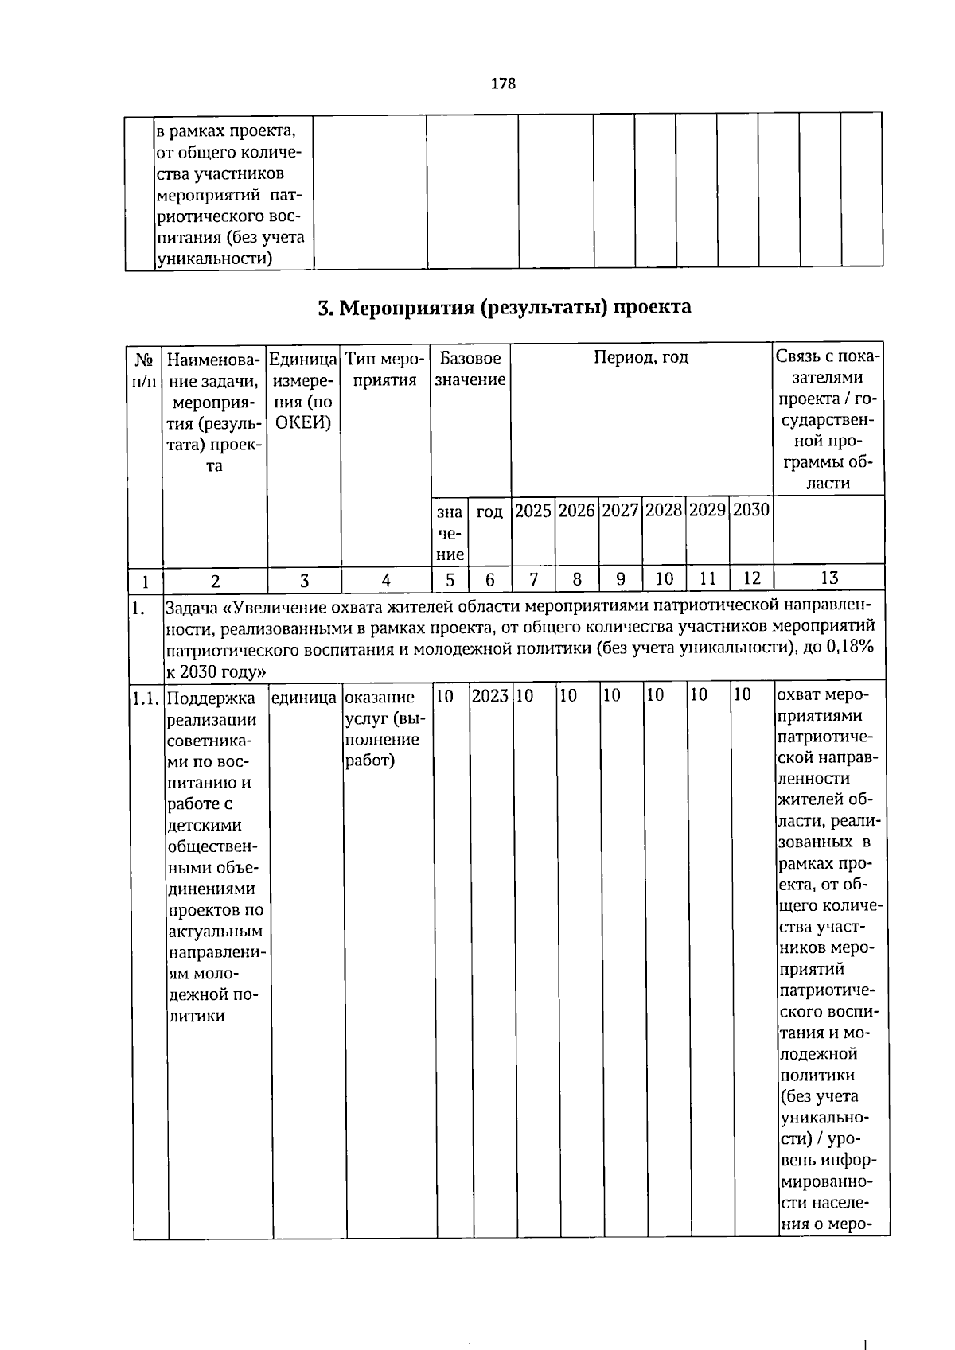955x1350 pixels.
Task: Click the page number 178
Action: point(503,84)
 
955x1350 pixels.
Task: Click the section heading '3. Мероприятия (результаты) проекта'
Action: point(504,308)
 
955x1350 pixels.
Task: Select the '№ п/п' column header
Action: point(144,369)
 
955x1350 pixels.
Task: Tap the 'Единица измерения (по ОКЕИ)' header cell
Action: point(303,391)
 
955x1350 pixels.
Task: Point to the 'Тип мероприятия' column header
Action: point(385,369)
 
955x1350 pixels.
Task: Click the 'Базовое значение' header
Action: point(470,369)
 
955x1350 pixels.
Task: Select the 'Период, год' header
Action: point(641,358)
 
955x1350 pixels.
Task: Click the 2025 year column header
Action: point(532,511)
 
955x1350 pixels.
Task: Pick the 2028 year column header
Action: point(664,511)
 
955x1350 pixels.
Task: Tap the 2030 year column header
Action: point(750,511)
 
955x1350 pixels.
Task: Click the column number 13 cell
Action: point(828,578)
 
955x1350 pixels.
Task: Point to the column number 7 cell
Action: point(533,579)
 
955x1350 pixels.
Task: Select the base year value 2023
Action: point(490,696)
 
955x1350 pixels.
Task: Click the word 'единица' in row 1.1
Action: point(303,698)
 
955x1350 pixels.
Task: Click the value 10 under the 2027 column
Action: point(611,696)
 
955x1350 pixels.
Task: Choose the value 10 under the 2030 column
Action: point(742,696)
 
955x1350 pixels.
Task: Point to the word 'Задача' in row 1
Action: point(191,609)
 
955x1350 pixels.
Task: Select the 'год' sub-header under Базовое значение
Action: point(489,512)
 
